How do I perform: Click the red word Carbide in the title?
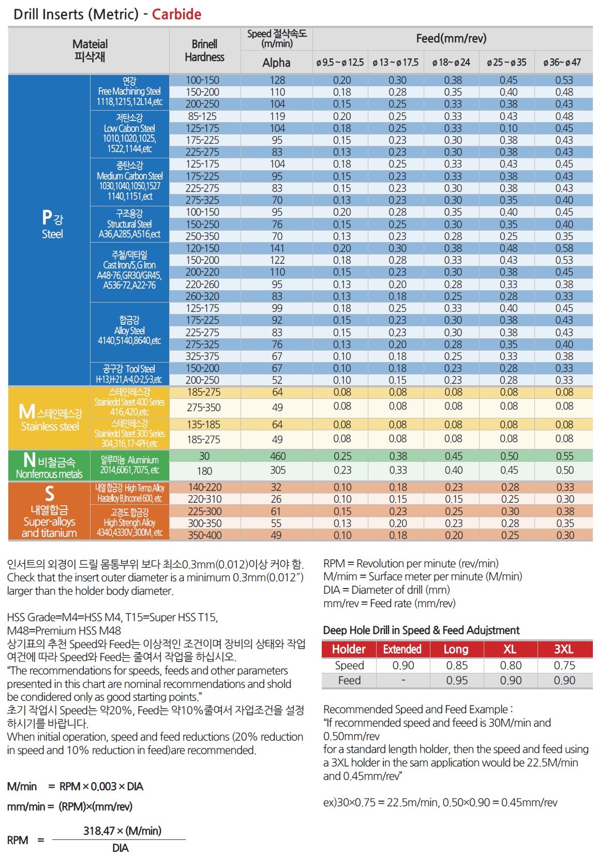click(176, 14)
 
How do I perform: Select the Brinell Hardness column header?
click(204, 50)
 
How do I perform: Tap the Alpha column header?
click(276, 63)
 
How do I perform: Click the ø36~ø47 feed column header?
click(562, 62)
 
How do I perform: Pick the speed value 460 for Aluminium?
click(278, 456)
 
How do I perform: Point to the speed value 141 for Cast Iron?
click(277, 248)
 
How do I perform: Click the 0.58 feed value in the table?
click(564, 248)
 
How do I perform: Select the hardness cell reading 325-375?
click(202, 356)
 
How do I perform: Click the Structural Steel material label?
click(129, 224)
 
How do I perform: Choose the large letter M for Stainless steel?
click(27, 412)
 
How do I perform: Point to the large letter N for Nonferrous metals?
click(29, 459)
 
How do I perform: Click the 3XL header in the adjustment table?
click(564, 649)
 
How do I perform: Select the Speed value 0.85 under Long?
click(457, 665)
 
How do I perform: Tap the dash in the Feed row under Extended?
click(404, 680)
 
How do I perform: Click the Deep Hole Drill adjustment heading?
click(421, 630)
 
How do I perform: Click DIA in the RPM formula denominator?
click(120, 848)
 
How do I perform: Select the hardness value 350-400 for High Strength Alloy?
click(205, 535)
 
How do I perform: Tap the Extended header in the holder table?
click(402, 649)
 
